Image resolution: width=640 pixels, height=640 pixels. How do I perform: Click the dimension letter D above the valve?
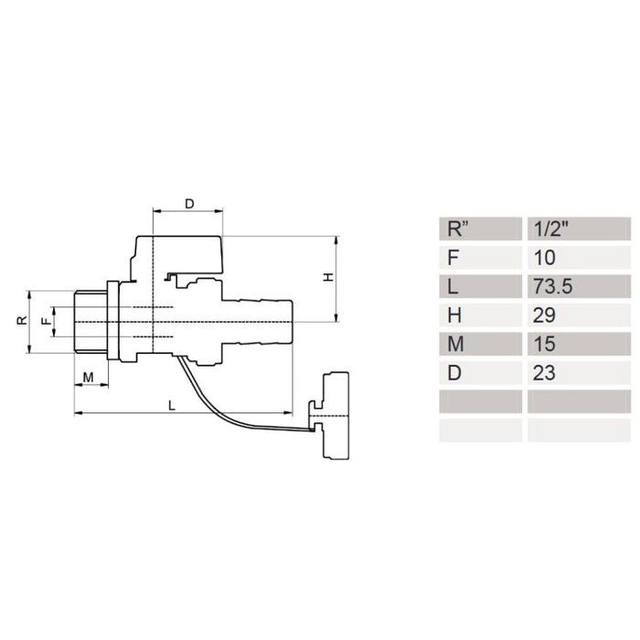(x=189, y=204)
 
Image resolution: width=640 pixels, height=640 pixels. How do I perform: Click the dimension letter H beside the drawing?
(x=328, y=277)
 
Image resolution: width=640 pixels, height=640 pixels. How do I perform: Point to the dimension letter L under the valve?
(x=172, y=405)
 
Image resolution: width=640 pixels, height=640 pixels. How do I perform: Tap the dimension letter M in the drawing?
(x=88, y=378)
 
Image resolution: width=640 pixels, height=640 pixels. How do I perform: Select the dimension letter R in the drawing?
(x=22, y=320)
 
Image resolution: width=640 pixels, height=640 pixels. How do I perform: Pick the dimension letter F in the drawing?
(x=48, y=321)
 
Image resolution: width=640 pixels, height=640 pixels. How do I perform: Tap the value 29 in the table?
(x=544, y=315)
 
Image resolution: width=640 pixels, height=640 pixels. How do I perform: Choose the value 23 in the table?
(x=544, y=373)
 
